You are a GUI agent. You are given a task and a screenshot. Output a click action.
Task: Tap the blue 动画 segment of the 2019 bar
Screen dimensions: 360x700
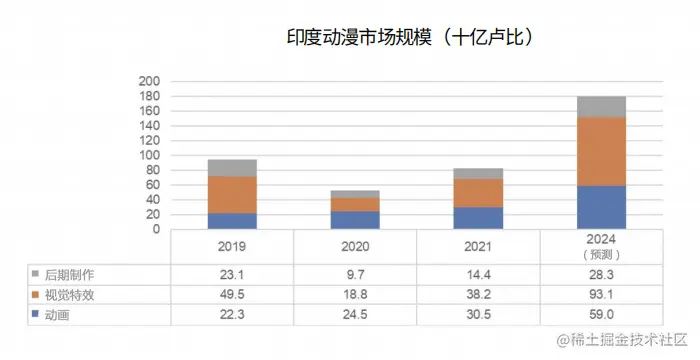232,221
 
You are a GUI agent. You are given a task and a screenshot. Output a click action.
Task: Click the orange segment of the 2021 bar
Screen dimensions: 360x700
478,193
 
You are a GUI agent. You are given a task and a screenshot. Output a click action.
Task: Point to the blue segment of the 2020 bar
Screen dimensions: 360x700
355,220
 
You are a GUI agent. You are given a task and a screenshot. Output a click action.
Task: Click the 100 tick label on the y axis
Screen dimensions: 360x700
148,156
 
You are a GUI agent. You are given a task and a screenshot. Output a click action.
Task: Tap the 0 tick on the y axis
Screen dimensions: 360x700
155,229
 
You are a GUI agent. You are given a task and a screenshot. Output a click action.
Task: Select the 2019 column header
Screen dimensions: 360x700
232,246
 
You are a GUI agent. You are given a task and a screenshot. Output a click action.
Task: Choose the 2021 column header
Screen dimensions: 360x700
478,246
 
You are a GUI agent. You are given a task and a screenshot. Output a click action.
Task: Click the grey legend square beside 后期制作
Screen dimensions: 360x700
35,273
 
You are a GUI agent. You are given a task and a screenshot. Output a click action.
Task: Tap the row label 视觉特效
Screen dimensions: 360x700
74,295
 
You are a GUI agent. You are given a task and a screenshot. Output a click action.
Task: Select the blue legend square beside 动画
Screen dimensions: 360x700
35,316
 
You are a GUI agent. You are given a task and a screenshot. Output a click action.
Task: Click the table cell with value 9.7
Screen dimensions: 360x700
355,274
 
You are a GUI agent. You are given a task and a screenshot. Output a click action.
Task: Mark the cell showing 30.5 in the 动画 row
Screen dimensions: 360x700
478,317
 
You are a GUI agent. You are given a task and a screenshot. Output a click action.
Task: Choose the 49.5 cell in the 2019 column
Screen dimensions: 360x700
232,296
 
